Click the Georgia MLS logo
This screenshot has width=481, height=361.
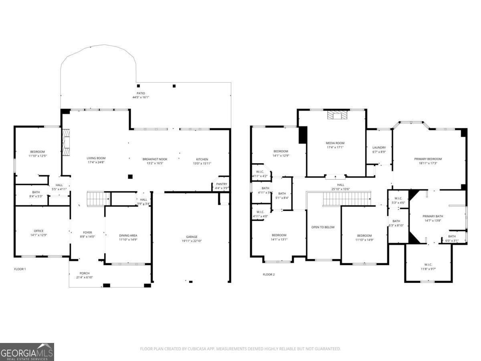point(27,352)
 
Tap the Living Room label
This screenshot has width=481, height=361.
point(96,158)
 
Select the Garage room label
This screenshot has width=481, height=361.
point(192,237)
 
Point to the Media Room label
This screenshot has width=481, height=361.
point(335,143)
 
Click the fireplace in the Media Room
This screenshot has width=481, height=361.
point(335,116)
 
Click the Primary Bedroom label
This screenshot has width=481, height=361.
point(428,159)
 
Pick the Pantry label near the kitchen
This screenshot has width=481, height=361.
point(221,184)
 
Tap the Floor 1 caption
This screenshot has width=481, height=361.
point(20,269)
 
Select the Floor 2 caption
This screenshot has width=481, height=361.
point(269,274)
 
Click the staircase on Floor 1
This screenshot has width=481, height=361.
point(99,198)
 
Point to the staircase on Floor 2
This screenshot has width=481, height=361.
point(347,199)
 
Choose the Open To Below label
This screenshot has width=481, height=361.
point(323,227)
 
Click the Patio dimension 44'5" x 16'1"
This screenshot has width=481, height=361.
point(141,97)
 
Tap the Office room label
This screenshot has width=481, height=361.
point(38,231)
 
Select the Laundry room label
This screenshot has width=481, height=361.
point(379,148)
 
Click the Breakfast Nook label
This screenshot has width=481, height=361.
point(155,159)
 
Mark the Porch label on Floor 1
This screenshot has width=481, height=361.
point(85,273)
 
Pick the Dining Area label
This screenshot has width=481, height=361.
point(128,235)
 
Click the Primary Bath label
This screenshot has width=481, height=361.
point(433,216)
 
